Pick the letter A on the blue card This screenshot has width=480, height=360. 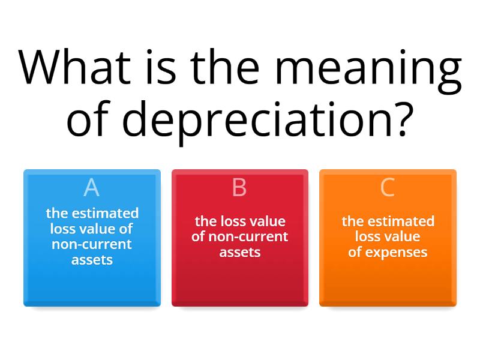[91, 188]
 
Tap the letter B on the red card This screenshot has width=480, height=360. [239, 188]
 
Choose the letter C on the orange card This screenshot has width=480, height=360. [388, 188]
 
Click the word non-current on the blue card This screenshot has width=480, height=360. [92, 244]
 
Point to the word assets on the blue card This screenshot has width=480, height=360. [92, 259]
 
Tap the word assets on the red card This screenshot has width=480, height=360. [240, 251]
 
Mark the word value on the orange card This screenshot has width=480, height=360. [403, 236]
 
